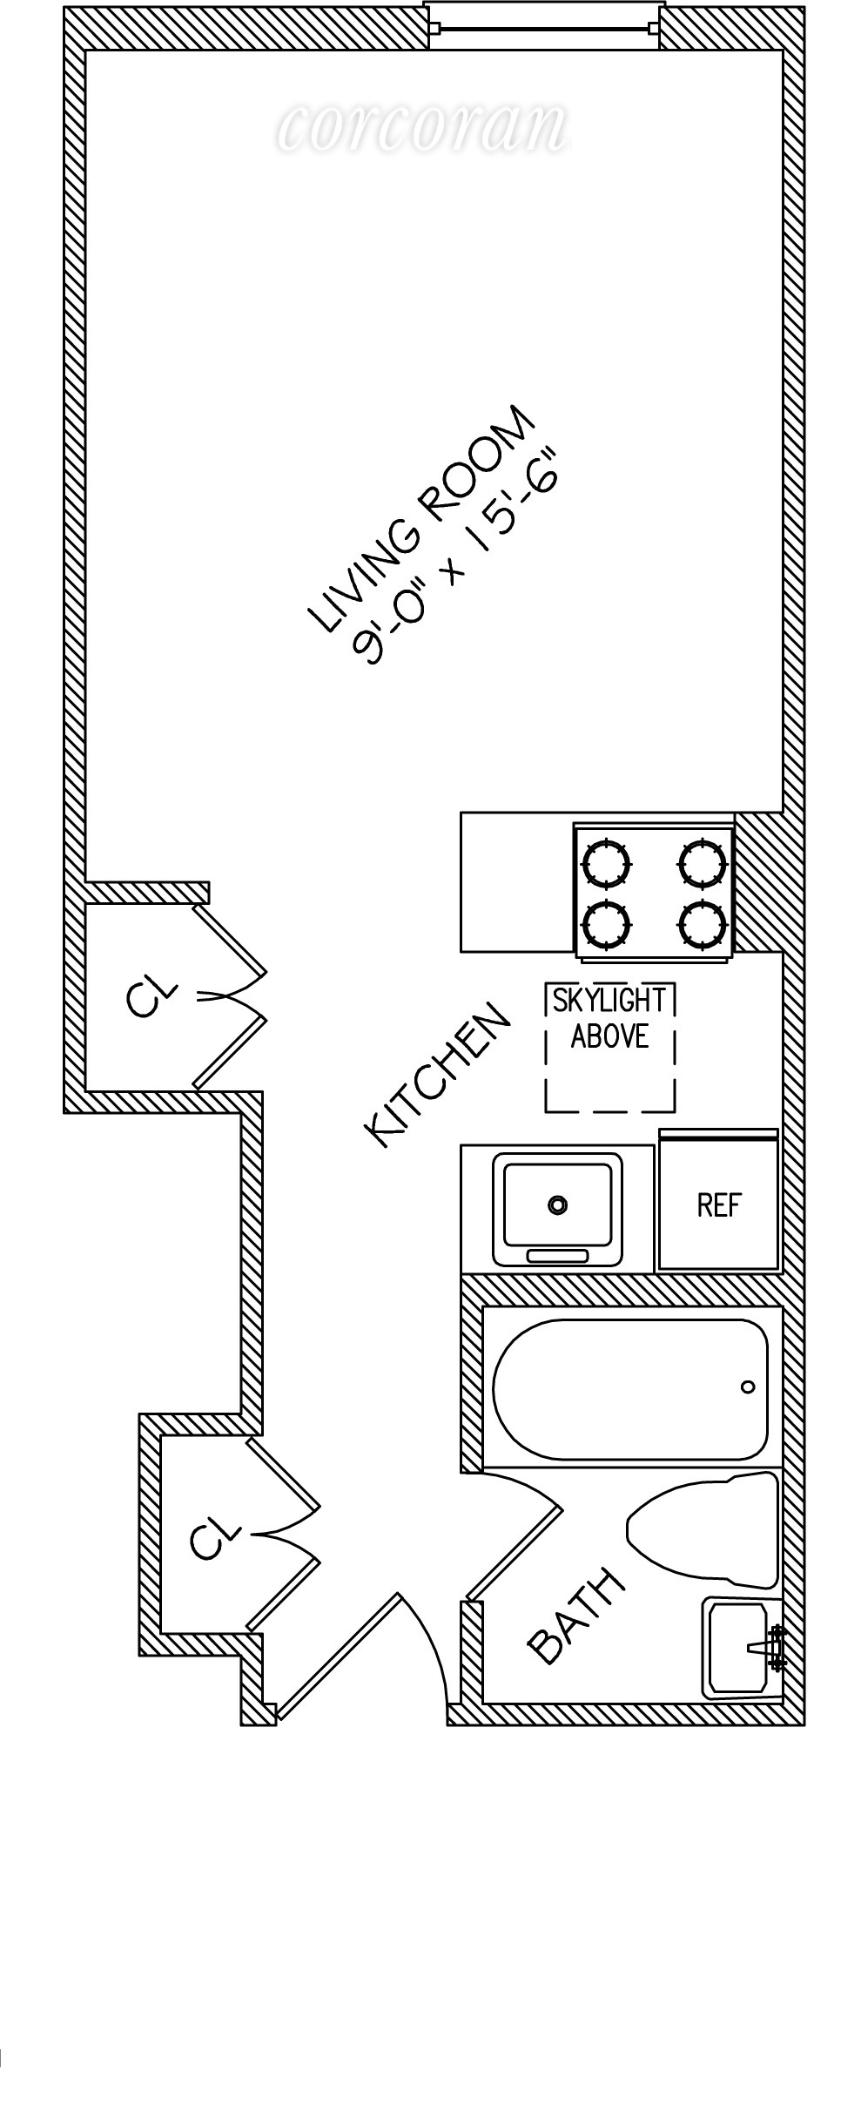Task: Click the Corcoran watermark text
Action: [x=423, y=126]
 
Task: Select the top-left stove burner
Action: [x=606, y=863]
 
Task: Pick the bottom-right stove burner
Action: [x=703, y=925]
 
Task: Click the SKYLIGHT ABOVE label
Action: [x=609, y=1018]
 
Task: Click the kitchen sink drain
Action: [x=557, y=1205]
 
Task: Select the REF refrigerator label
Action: [x=718, y=1205]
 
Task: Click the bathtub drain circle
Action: [x=747, y=1387]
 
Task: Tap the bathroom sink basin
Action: [x=736, y=1648]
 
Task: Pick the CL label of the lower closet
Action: [x=214, y=1537]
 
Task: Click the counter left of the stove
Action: [x=516, y=881]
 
